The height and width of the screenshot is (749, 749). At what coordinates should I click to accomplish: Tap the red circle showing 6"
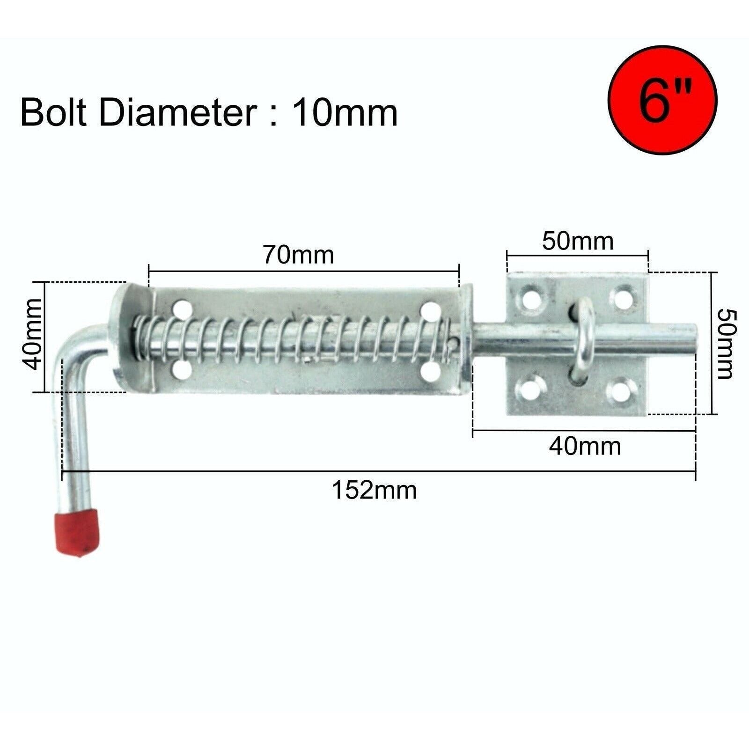pos(662,100)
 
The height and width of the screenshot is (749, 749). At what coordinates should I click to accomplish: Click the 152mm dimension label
pos(374,491)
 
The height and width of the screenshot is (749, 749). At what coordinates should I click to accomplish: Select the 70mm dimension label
pos(298,255)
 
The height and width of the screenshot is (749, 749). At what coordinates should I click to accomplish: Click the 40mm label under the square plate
pos(585,447)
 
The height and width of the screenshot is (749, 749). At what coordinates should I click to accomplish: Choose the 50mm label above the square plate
pos(578,242)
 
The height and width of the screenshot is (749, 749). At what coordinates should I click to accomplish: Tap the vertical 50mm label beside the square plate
pos(726,343)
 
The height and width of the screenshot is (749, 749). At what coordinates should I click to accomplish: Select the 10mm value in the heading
pos(345,113)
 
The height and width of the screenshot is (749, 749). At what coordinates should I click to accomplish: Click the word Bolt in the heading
pos(54,113)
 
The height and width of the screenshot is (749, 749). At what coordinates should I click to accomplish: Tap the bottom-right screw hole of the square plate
pos(622,390)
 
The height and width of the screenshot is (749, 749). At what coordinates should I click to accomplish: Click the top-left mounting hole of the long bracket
pos(182,309)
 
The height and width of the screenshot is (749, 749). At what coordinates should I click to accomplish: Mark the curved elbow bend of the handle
pos(77,344)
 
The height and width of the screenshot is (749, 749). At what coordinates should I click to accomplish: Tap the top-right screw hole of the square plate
pos(624,298)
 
